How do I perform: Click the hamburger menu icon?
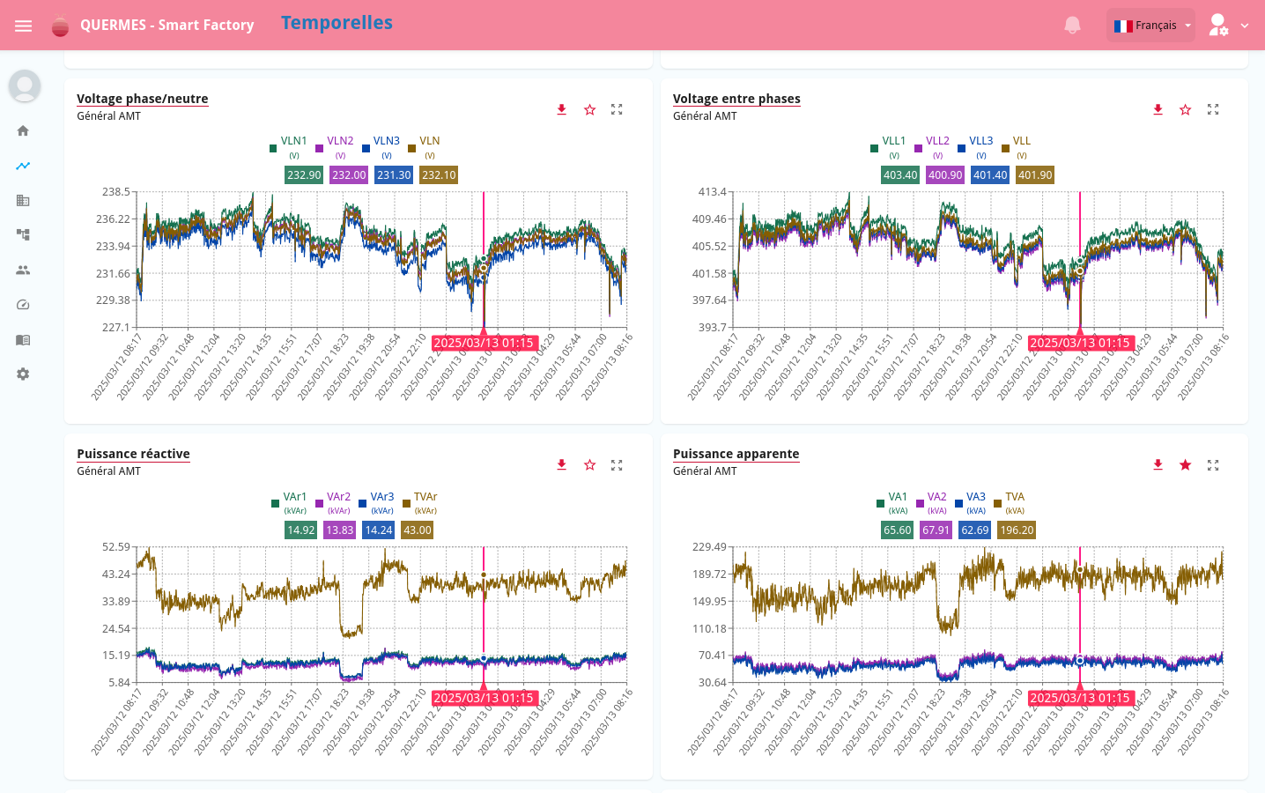24,26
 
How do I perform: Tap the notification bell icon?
1072,26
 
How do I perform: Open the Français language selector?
1151,26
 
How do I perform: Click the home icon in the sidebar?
23,130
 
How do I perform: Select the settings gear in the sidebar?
23,374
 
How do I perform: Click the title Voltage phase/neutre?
143,99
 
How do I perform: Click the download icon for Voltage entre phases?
1158,109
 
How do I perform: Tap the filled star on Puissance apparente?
1185,464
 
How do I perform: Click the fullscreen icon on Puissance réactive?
617,464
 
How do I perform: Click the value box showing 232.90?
304,175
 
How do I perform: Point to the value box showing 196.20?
1017,530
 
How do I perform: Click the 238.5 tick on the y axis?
115,191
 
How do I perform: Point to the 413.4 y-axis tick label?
712,191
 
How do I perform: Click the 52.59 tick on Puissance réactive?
115,547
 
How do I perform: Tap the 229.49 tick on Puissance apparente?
709,547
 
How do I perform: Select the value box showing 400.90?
945,175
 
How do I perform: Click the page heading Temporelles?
337,23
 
